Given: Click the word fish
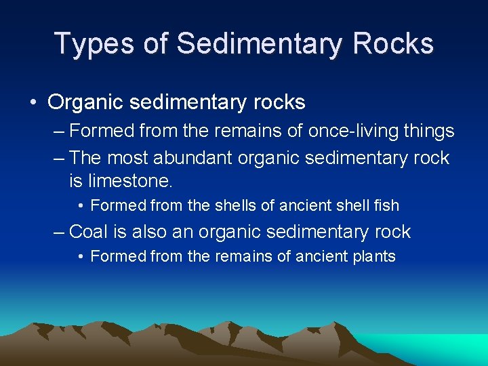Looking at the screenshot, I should (x=386, y=205).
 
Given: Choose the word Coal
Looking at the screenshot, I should (x=89, y=232).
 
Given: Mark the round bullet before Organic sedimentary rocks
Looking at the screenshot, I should (x=33, y=103).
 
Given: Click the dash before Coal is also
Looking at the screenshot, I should (x=60, y=232).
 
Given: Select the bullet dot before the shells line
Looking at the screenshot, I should (x=81, y=205).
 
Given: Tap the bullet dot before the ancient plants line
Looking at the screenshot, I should (x=81, y=257).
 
